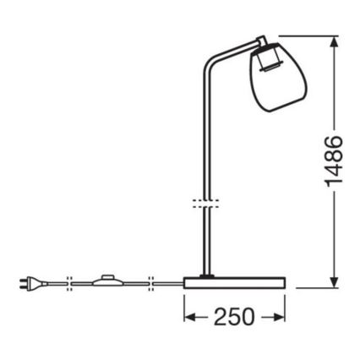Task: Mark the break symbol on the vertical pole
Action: pyautogui.click(x=202, y=203)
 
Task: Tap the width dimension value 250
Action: pyautogui.click(x=232, y=317)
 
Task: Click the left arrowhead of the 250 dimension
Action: pyautogui.click(x=189, y=317)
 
